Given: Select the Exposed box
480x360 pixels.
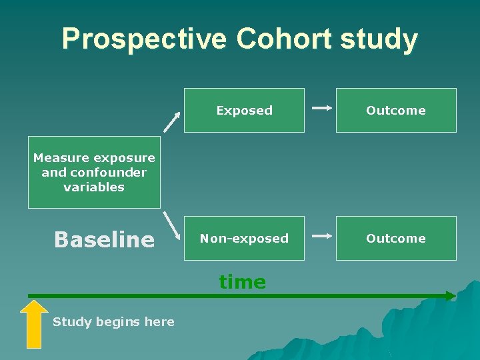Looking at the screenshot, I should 245,111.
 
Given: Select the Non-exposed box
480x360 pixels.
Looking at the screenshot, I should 245,239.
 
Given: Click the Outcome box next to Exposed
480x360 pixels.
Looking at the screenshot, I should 396,111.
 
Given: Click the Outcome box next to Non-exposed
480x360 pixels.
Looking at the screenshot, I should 396,239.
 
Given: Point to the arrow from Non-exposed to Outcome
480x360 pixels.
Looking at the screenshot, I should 322,236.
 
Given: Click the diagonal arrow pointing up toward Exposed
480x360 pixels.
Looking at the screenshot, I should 172,121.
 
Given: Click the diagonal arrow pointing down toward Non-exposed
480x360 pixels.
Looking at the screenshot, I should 173,225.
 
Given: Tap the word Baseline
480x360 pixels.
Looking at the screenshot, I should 104,239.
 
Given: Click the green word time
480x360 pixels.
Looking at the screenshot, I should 243,282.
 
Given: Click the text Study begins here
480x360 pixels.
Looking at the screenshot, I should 113,322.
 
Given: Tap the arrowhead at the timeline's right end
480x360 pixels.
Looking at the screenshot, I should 451,295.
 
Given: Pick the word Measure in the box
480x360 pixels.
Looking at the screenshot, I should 61,158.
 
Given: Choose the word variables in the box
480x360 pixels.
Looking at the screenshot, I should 94,187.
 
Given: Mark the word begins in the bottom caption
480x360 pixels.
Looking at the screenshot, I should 118,322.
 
